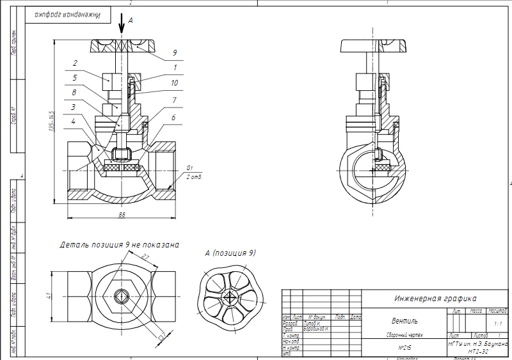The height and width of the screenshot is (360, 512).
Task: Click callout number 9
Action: [174, 53]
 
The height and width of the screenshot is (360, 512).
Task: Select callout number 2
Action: [75, 63]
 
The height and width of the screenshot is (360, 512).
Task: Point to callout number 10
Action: [174, 83]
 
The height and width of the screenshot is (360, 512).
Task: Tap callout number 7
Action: [174, 100]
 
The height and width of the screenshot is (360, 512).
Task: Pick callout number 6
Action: [174, 119]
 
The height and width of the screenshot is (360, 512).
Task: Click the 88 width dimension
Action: [122, 215]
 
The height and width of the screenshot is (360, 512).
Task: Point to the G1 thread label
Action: [189, 168]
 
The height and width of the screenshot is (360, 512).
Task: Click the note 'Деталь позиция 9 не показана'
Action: [119, 245]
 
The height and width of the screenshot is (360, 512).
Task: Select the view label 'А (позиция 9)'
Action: [230, 253]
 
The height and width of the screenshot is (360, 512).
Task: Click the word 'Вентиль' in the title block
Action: [404, 321]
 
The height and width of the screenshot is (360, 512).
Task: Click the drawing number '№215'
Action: [404, 348]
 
